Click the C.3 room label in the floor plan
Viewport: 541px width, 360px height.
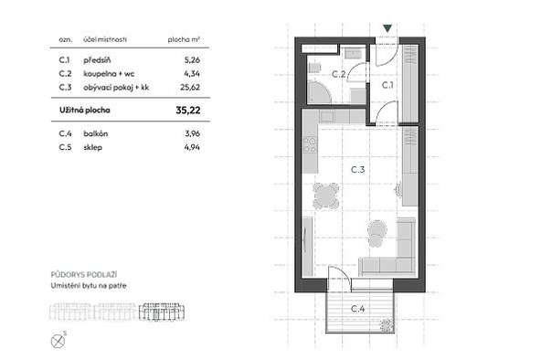click(x=358, y=170)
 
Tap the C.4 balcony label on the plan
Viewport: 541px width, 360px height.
click(x=358, y=309)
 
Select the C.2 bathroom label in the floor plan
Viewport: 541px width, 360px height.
click(x=338, y=74)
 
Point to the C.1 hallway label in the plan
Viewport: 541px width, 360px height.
click(x=387, y=85)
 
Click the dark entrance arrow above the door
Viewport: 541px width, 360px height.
click(x=387, y=28)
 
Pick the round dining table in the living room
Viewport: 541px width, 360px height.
click(x=326, y=196)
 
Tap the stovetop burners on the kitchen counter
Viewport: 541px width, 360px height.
click(x=310, y=145)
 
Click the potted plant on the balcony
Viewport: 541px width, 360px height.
click(x=387, y=324)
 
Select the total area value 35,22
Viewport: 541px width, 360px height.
click(x=188, y=111)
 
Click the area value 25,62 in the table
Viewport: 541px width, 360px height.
click(x=190, y=87)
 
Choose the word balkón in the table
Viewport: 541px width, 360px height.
click(x=96, y=133)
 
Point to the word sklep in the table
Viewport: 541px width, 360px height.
click(x=93, y=148)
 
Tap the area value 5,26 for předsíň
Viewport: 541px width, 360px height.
click(x=192, y=60)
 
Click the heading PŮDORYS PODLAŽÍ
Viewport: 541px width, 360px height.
click(x=84, y=274)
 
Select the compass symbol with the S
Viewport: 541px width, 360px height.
click(x=58, y=341)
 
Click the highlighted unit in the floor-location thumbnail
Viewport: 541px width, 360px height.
click(x=162, y=312)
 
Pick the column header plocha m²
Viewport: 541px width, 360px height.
click(x=184, y=39)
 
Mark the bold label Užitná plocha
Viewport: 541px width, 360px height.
click(x=85, y=111)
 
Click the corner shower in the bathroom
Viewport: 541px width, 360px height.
click(x=319, y=91)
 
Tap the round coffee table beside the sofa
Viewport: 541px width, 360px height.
click(x=377, y=229)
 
